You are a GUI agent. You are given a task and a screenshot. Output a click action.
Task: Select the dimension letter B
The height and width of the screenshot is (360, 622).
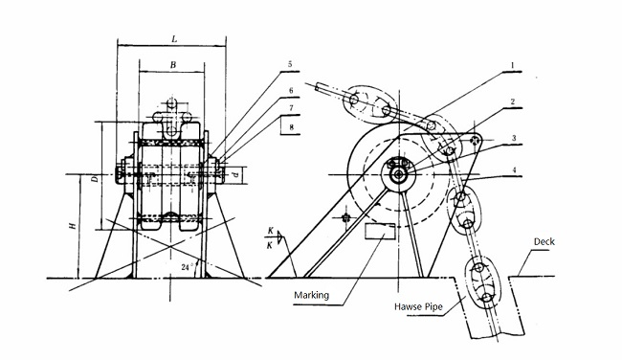(x=171, y=64)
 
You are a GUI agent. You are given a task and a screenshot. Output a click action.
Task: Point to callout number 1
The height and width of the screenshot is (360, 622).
(x=513, y=67)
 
